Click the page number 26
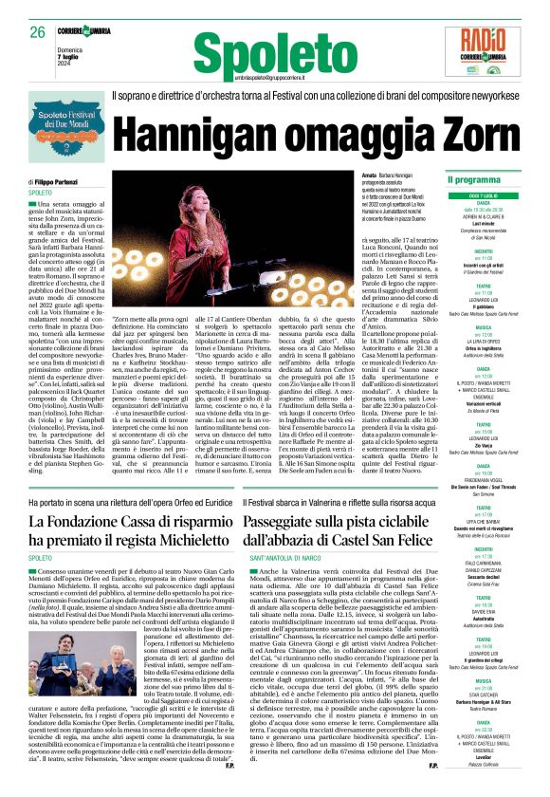38,32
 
